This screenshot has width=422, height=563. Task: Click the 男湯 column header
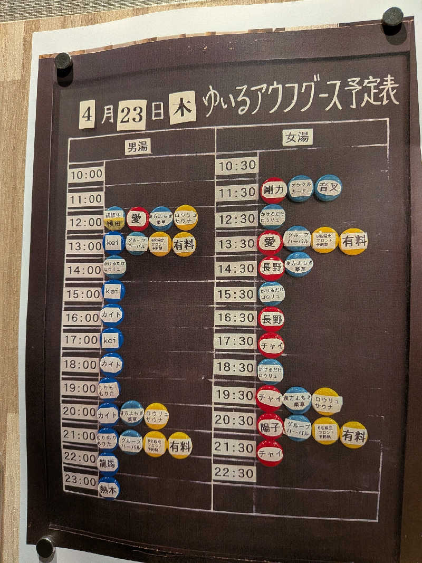click(138, 147)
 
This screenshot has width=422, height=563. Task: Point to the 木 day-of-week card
click(183, 107)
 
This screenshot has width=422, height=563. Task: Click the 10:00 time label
click(86, 174)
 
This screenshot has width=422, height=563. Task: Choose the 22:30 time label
click(234, 473)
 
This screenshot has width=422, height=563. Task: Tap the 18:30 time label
click(235, 367)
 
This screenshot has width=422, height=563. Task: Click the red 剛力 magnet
click(273, 190)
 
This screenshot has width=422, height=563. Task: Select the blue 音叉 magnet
click(328, 188)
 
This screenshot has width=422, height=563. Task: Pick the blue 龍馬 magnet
click(108, 464)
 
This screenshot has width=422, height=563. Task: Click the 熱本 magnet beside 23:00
click(109, 488)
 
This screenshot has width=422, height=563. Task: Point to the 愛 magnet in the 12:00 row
click(138, 218)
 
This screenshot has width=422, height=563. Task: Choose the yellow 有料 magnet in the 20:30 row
click(353, 435)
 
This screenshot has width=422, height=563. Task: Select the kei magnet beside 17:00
click(111, 340)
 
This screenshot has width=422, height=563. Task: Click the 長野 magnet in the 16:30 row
click(272, 319)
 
